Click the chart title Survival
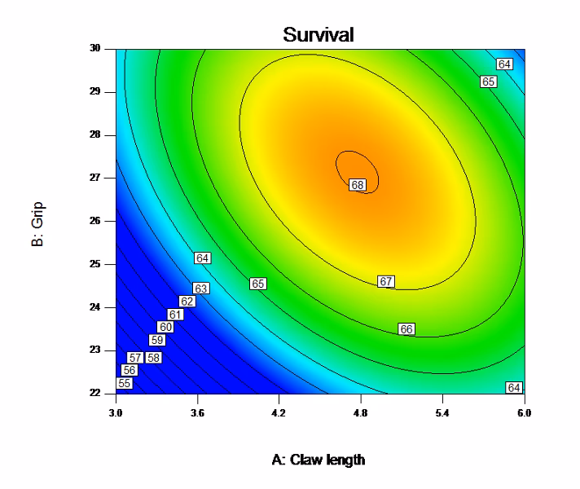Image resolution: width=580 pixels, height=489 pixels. (x=319, y=35)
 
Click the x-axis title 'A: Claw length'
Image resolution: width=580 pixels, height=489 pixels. (x=320, y=460)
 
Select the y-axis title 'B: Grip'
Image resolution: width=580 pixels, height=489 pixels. (x=38, y=221)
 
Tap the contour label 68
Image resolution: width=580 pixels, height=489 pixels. (x=357, y=185)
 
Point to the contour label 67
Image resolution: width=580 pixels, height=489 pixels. (x=386, y=281)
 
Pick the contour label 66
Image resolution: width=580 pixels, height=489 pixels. (x=406, y=328)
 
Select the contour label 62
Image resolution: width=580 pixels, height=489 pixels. (x=187, y=301)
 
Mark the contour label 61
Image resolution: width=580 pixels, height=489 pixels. (x=175, y=314)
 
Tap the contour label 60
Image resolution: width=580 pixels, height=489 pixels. (x=165, y=327)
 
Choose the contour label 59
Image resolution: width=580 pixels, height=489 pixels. (x=156, y=340)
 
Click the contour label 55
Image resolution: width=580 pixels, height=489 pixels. (x=125, y=383)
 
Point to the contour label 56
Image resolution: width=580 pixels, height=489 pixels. (x=128, y=370)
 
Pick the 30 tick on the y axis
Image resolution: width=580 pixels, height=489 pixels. (x=106, y=48)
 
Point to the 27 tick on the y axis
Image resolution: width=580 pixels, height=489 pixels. (x=106, y=178)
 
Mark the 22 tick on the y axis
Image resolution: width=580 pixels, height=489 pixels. (x=106, y=393)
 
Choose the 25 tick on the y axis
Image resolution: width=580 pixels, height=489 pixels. (x=106, y=264)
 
